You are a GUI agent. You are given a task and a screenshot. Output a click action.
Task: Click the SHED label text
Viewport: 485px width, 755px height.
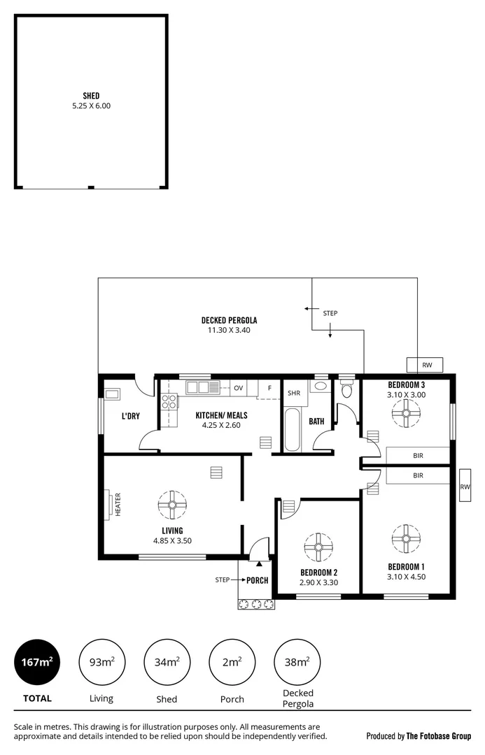(90, 96)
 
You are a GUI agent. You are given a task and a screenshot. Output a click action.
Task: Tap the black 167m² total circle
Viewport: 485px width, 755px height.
(37, 662)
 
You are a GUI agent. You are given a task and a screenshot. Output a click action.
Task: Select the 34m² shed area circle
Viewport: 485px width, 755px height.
(167, 662)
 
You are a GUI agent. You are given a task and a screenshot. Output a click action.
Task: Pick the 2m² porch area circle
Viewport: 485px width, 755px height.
(232, 662)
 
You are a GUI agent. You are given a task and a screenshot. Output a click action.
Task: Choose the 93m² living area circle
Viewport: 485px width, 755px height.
(101, 662)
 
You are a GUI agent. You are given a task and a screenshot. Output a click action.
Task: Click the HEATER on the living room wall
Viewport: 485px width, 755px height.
(111, 504)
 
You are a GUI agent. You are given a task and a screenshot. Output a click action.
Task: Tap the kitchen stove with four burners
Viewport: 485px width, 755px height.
(169, 401)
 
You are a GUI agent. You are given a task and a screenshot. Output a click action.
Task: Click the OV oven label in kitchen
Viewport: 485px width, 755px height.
(238, 388)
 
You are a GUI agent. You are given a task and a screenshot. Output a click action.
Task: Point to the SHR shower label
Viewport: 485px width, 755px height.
(294, 393)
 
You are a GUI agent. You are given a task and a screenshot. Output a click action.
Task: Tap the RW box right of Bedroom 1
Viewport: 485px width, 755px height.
(465, 487)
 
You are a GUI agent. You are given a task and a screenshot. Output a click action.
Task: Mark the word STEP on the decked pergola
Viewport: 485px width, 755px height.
(330, 313)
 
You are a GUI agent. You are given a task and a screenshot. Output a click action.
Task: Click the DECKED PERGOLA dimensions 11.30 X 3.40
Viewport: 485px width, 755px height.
(229, 330)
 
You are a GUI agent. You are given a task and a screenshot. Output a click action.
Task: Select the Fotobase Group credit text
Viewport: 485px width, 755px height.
(418, 736)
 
